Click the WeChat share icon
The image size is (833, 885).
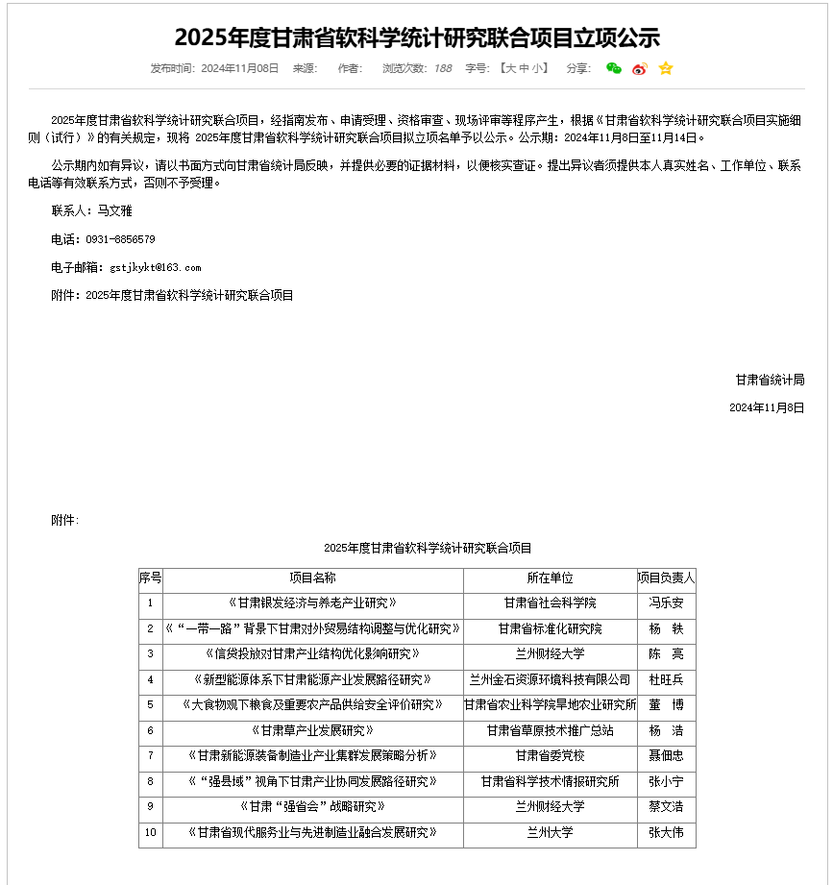click(x=614, y=68)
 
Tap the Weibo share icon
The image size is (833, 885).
click(x=640, y=68)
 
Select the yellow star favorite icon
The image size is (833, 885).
click(x=666, y=68)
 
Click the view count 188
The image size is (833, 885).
click(x=443, y=68)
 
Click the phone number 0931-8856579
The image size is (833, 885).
click(x=120, y=239)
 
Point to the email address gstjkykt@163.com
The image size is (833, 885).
click(x=156, y=267)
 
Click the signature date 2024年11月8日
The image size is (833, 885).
click(x=767, y=407)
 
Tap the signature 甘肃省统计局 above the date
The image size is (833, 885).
click(x=770, y=380)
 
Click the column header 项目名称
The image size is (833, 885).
click(x=312, y=578)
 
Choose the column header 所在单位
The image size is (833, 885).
click(x=550, y=578)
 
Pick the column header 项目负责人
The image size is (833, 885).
click(x=666, y=578)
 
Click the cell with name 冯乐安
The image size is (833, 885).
click(x=666, y=603)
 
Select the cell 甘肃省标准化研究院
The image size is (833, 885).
click(x=550, y=629)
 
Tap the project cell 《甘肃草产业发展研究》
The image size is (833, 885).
click(x=312, y=730)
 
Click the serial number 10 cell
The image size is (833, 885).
click(x=150, y=832)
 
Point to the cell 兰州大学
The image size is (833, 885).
click(x=550, y=832)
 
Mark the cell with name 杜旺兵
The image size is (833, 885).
click(x=666, y=679)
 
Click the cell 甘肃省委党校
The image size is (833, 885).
click(x=550, y=755)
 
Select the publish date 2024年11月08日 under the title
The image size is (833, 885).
click(x=239, y=68)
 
